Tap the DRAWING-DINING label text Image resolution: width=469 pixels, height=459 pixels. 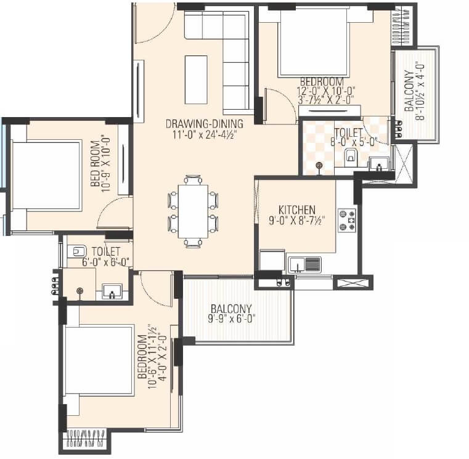[203, 123]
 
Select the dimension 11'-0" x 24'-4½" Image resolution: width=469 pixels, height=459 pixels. [202, 133]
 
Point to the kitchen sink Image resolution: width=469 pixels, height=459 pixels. [304, 264]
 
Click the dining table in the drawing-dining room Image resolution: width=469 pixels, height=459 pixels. [193, 211]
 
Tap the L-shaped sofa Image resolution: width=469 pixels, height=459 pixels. [228, 49]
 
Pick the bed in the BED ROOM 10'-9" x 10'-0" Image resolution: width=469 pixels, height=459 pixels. [46, 176]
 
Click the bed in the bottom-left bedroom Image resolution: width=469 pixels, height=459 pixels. [99, 360]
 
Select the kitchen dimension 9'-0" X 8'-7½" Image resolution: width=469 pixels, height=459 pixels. [296, 220]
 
